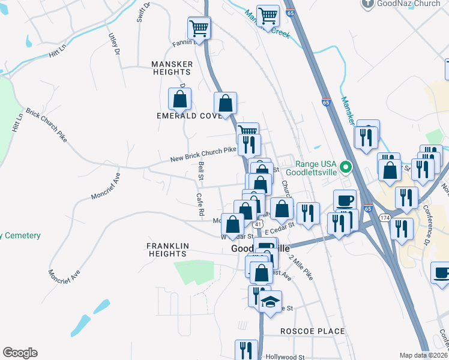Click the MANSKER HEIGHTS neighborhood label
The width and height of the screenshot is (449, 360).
[172, 68]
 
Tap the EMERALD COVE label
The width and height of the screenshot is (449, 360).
[185, 116]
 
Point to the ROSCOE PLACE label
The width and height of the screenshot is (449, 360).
[312, 331]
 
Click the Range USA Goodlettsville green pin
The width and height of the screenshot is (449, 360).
[345, 166]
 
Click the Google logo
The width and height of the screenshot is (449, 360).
[20, 353]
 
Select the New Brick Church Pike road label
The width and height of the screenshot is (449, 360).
[203, 154]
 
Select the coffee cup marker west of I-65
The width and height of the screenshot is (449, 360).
[345, 200]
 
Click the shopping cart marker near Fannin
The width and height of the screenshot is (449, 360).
[199, 27]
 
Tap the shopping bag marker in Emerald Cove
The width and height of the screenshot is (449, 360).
[179, 99]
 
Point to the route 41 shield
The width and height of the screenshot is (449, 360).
[256, 224]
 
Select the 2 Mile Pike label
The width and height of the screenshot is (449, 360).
[301, 268]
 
